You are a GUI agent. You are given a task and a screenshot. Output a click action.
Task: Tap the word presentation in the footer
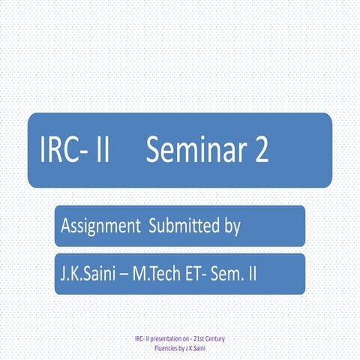point(160,339)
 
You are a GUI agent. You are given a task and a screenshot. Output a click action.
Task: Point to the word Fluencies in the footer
point(162,347)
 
